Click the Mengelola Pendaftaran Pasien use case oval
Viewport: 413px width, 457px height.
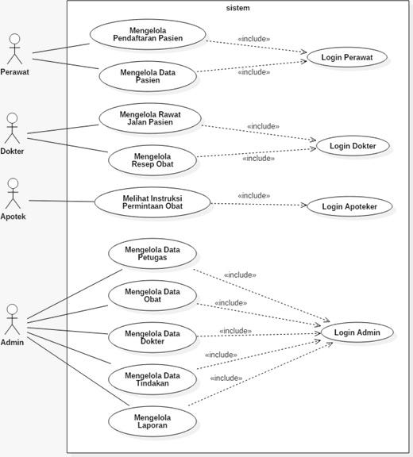coord(148,35)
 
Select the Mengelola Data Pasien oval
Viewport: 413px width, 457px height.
coord(148,76)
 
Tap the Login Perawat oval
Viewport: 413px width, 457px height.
coord(347,57)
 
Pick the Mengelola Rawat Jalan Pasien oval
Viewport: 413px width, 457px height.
coord(150,117)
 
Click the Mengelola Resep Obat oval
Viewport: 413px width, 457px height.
coord(151,159)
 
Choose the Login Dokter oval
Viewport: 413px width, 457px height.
coord(353,145)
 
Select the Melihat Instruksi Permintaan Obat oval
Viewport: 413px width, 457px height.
coord(152,202)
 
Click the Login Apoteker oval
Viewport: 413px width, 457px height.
coord(349,206)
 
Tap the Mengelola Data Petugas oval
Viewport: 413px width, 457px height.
coord(152,254)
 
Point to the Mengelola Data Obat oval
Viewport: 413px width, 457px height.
coord(152,296)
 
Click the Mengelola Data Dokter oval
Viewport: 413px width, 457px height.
coord(152,337)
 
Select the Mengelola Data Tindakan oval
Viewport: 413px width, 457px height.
coord(152,379)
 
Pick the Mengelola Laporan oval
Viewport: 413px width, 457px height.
coord(152,421)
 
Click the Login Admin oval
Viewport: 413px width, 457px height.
coord(357,332)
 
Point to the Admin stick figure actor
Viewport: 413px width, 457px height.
coord(11,320)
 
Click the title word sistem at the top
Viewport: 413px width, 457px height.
coord(238,8)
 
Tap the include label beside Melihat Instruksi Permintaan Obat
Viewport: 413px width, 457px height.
coord(253,195)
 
